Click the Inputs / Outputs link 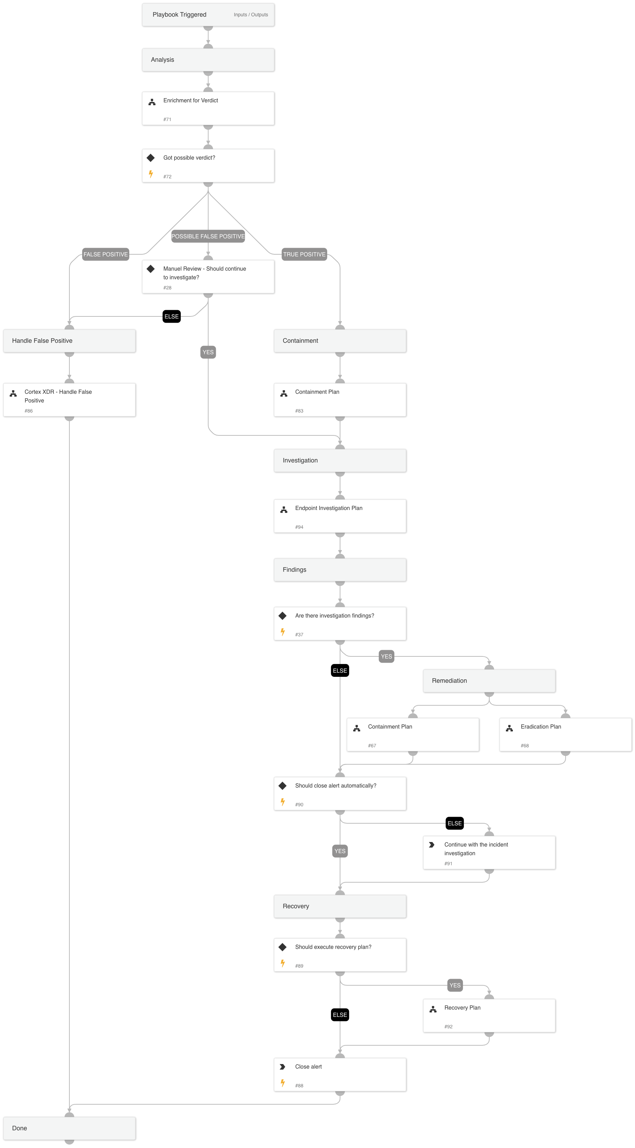point(251,15)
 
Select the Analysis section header point(208,60)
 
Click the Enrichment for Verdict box point(208,108)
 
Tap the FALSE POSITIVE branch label point(105,254)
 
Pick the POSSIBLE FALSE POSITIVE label point(208,236)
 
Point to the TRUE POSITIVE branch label point(304,254)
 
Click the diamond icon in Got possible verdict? point(151,158)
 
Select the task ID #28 point(167,288)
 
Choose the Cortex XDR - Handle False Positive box point(69,400)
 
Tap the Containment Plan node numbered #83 point(340,400)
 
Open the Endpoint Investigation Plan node point(340,516)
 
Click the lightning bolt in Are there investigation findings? point(282,632)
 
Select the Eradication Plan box point(566,734)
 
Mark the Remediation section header point(489,681)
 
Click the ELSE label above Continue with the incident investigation point(455,823)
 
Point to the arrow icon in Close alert point(282,1067)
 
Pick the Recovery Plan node point(489,1015)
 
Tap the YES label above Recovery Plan point(455,985)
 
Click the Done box point(69,1128)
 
